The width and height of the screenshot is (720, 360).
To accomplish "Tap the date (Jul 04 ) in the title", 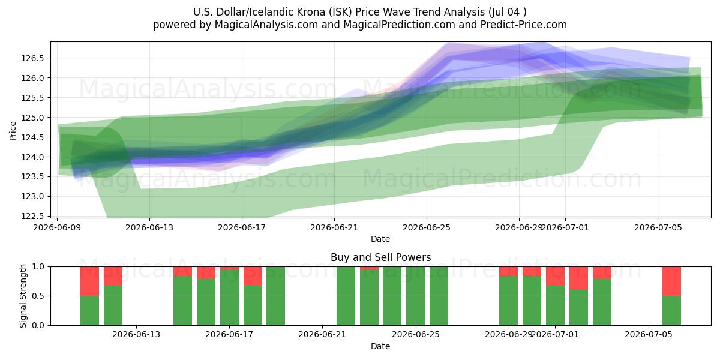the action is tap(507, 12).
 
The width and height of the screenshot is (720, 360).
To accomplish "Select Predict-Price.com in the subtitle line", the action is tap(524, 25).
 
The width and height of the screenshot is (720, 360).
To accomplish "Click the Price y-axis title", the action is tap(13, 131).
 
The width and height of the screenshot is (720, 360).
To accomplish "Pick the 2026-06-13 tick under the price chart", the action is tap(149, 227).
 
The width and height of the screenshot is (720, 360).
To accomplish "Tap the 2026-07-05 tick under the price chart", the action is tap(658, 227).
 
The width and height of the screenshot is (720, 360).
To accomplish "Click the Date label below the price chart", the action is tap(380, 239).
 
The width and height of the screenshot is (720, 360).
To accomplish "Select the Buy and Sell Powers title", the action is tap(380, 257).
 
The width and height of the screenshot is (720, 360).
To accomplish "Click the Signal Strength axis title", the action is tap(23, 296).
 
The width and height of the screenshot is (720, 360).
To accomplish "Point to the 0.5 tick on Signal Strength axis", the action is tap(38, 296).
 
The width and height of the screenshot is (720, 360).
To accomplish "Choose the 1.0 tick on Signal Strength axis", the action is tap(38, 267).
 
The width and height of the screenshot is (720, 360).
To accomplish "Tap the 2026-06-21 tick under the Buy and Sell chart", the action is tap(322, 335).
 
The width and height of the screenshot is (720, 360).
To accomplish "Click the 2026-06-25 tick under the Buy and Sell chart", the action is tap(416, 335).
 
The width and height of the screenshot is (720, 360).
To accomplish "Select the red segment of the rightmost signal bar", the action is tap(671, 281).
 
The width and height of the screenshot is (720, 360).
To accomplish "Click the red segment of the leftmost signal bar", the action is tap(89, 281).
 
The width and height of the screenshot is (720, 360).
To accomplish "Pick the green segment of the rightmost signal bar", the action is tap(671, 311).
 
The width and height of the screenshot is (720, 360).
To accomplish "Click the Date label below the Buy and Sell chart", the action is tap(380, 346).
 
